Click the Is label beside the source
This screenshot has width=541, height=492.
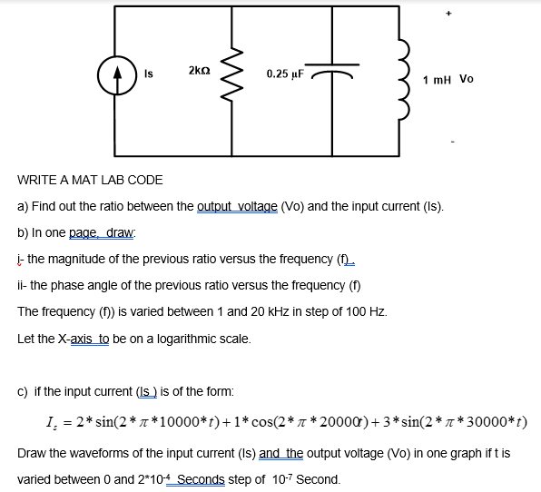coord(149,70)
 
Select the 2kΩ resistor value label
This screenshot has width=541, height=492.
coord(201,70)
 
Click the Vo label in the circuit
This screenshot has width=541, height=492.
coord(467,79)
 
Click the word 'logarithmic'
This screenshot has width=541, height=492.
coord(180,339)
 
